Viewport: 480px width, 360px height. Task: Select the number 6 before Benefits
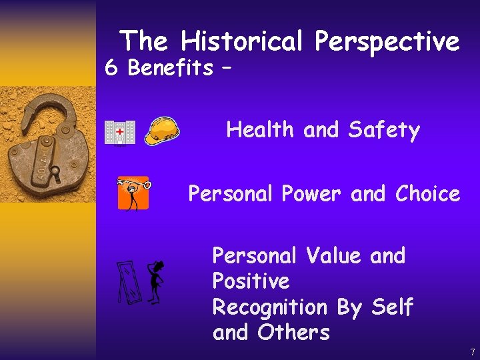(112, 67)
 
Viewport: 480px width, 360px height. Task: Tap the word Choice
(427, 194)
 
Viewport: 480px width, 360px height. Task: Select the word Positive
(251, 281)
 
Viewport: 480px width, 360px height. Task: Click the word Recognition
(269, 307)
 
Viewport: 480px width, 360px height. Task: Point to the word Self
(392, 307)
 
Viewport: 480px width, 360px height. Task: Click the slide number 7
(472, 351)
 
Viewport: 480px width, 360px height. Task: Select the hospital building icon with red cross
(119, 131)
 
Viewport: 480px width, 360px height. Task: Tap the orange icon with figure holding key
(133, 193)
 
